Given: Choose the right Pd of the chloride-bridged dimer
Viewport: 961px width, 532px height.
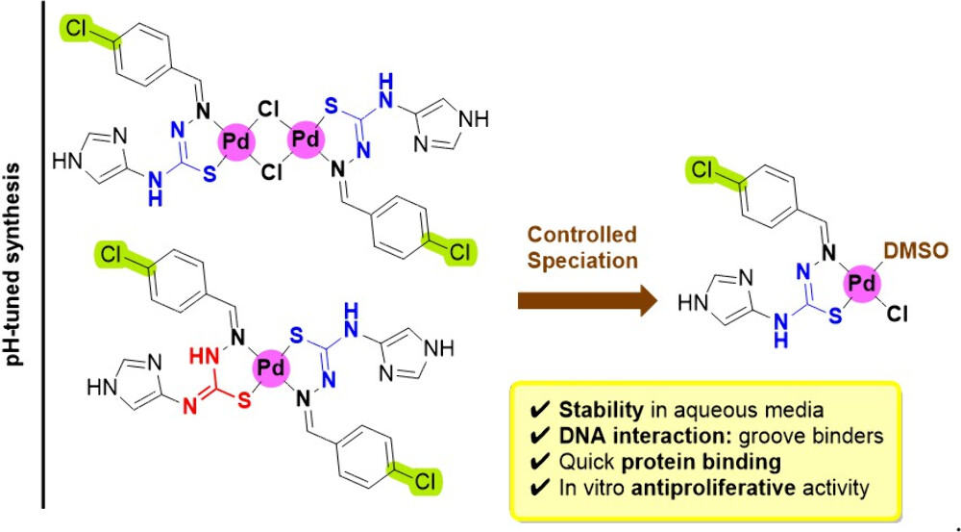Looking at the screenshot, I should (x=305, y=140).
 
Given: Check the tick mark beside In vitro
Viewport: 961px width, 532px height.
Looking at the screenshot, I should (x=538, y=488).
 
